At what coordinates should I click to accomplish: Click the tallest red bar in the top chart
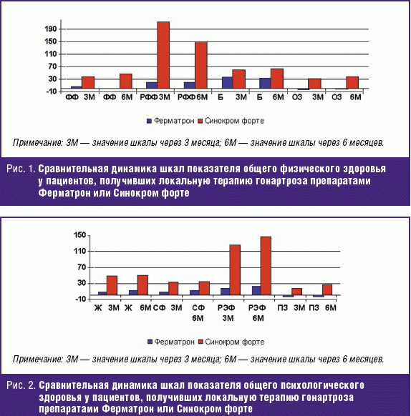pyautogui.click(x=163, y=55)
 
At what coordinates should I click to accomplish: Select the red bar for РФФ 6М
pyautogui.click(x=201, y=65)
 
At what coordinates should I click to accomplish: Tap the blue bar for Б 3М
pyautogui.click(x=227, y=82)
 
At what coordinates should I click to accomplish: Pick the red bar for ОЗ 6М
pyautogui.click(x=352, y=82)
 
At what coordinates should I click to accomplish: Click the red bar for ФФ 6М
pyautogui.click(x=126, y=81)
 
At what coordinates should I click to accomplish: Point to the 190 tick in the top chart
pyautogui.click(x=51, y=29)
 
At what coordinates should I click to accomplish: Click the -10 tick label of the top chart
pyautogui.click(x=51, y=91)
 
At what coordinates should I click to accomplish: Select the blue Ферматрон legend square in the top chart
pyautogui.click(x=149, y=121)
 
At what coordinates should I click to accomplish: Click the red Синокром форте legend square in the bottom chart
pyautogui.click(x=200, y=342)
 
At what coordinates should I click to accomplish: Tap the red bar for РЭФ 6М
pyautogui.click(x=266, y=266)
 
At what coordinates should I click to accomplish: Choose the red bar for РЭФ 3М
pyautogui.click(x=235, y=269)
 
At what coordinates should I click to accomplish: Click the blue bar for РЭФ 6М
pyautogui.click(x=256, y=290)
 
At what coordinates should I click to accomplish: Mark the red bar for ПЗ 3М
pyautogui.click(x=296, y=292)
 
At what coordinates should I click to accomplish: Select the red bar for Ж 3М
pyautogui.click(x=112, y=285)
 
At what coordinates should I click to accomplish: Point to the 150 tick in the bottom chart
pyautogui.click(x=80, y=235)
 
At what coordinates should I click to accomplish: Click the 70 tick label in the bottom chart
pyautogui.click(x=82, y=267)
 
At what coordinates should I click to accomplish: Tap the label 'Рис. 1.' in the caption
pyautogui.click(x=21, y=169)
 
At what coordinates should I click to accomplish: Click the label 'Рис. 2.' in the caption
pyautogui.click(x=21, y=385)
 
